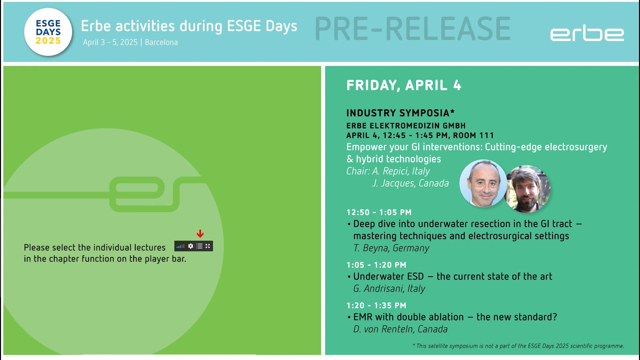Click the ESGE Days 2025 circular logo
click(x=48, y=32)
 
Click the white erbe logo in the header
click(x=587, y=34)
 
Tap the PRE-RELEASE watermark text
click(x=413, y=29)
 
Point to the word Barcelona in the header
click(x=161, y=42)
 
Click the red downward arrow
click(x=200, y=234)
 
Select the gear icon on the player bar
click(x=191, y=246)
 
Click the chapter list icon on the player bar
click(x=199, y=246)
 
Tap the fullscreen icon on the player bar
click(x=208, y=246)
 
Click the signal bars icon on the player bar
click(x=180, y=246)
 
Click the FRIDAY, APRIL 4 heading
click(x=404, y=85)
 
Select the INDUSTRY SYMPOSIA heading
click(x=400, y=113)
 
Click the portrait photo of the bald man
click(x=483, y=183)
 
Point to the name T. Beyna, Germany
click(x=391, y=248)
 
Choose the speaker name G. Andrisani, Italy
click(x=389, y=288)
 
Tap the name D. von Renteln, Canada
click(x=400, y=329)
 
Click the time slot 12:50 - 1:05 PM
click(x=379, y=212)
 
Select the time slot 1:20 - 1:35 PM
click(x=376, y=305)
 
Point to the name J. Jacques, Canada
click(x=410, y=183)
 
